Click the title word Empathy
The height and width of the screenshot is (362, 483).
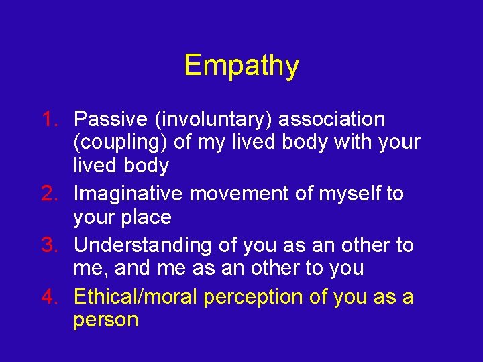[x=241, y=66]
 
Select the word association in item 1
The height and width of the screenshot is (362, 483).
[x=331, y=119]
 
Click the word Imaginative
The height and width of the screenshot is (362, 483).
[x=129, y=194]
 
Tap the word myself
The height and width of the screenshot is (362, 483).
[x=345, y=194]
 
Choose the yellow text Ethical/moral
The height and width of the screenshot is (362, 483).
[x=136, y=296]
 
